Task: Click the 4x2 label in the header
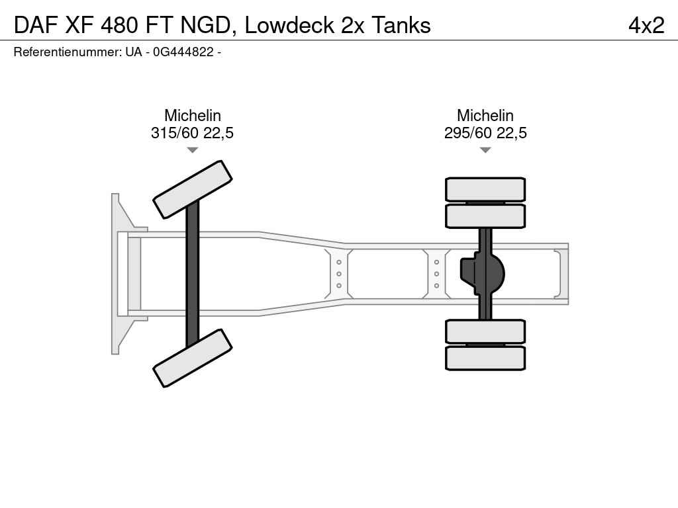tap(646, 25)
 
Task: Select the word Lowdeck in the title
tap(290, 25)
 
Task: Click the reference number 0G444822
tap(183, 52)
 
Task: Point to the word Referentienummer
tap(68, 52)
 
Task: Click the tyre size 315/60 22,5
tap(193, 132)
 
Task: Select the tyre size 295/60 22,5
tap(485, 132)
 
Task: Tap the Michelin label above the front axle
tap(193, 115)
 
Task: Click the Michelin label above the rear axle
tap(485, 115)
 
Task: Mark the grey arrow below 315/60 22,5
tap(193, 150)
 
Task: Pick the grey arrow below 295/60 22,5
tap(485, 150)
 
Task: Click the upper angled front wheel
tap(193, 190)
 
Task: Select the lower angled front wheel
tap(193, 358)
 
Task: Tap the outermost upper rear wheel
tap(485, 189)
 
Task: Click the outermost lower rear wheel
tap(485, 358)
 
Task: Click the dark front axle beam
tap(193, 274)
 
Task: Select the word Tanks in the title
tap(401, 25)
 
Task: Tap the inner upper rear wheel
tap(485, 216)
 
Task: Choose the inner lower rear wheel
tap(485, 331)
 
